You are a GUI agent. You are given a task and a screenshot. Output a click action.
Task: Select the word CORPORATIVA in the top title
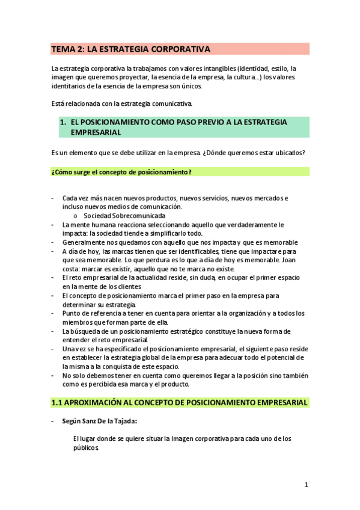179,49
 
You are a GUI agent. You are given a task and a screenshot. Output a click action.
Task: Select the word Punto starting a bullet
71,313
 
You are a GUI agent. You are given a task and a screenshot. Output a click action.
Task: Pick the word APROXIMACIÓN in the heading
96,402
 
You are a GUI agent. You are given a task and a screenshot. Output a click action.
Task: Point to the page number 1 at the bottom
306,485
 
